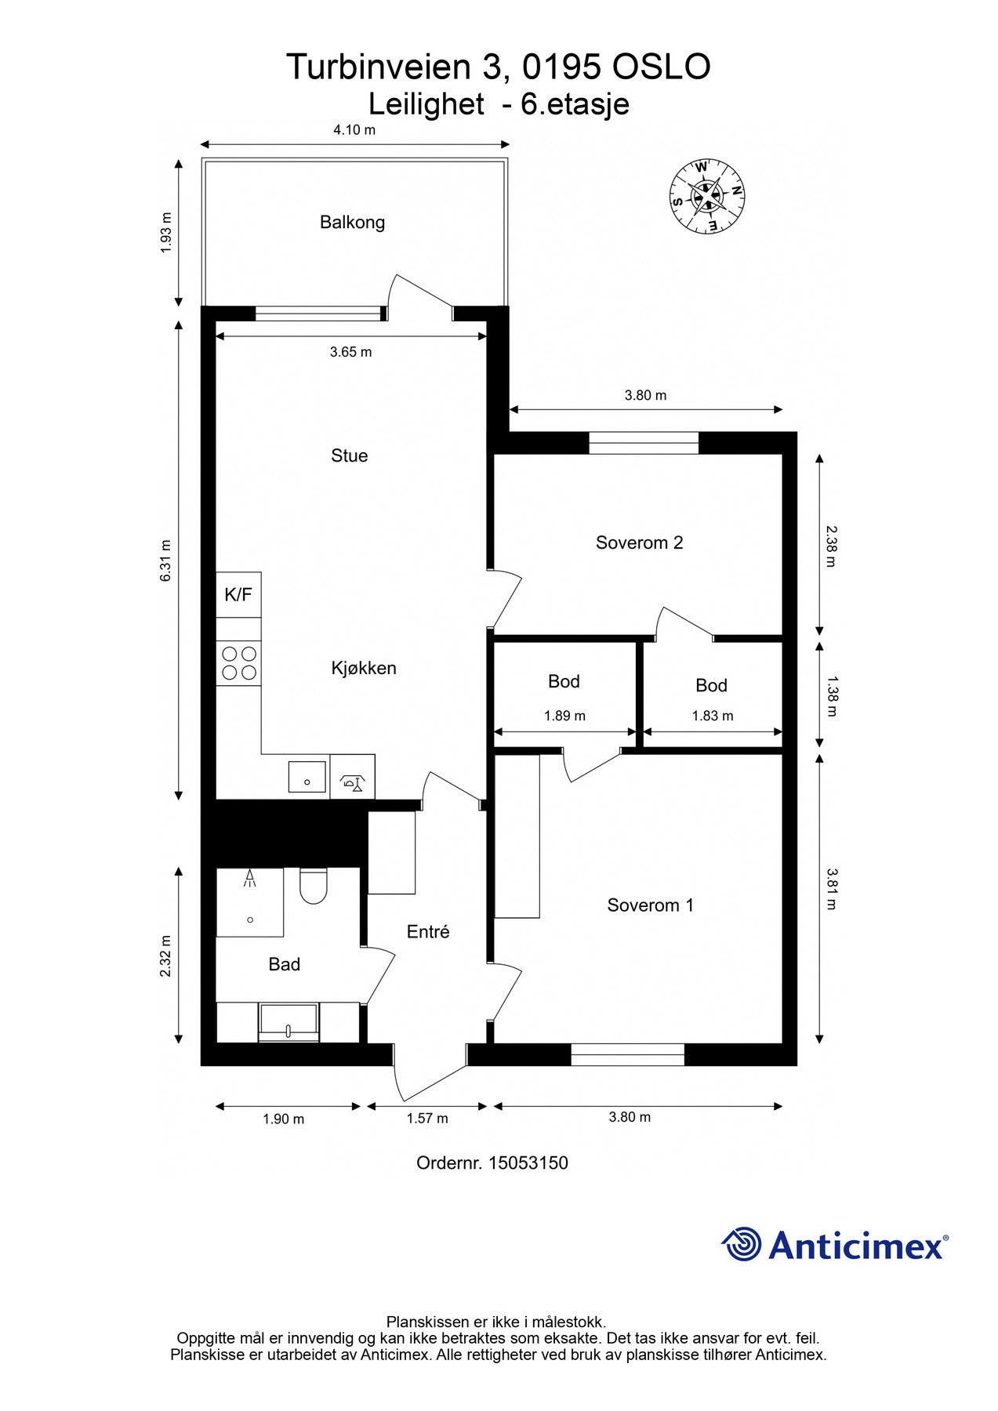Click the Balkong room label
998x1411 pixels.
coord(352,223)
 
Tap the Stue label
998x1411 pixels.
coord(349,455)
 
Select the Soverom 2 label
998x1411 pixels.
coord(639,542)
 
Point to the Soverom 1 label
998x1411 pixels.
coord(650,905)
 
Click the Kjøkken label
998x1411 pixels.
coord(364,669)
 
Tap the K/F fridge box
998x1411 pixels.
coord(238,594)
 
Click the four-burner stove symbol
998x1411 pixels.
coord(239,662)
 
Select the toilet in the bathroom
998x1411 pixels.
coord(313,885)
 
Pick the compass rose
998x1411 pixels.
coord(706,196)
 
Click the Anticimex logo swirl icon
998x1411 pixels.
coord(741,1244)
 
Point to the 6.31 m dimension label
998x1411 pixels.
coord(165,560)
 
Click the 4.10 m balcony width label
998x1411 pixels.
coord(354,130)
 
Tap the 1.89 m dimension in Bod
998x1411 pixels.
coord(564,716)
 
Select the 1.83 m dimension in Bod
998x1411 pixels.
coord(713,716)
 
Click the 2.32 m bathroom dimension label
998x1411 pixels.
coord(165,956)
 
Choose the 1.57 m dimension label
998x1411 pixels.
coord(427,1119)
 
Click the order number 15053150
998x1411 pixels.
coord(528,1163)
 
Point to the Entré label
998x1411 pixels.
coord(428,932)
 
